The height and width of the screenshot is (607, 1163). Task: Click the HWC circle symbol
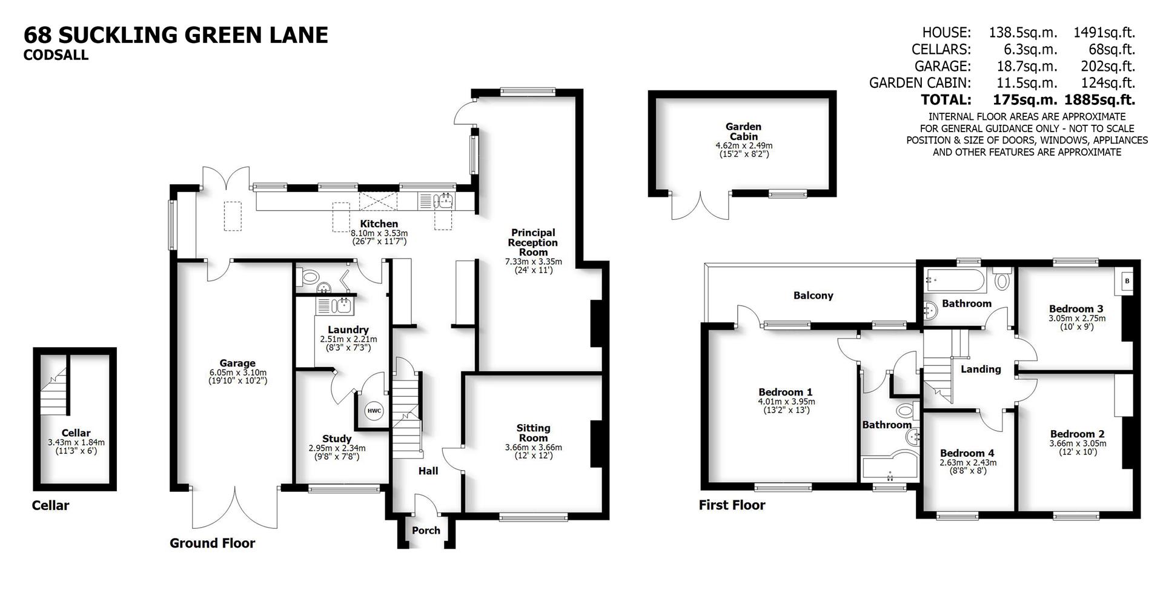374,411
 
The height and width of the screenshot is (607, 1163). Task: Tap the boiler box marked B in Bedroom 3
1127,282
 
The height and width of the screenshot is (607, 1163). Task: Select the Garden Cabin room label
743,131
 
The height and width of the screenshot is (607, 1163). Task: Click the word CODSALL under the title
56,55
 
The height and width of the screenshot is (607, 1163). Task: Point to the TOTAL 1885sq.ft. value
1104,99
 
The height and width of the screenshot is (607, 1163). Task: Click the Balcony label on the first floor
813,296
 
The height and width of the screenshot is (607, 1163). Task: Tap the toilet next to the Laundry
310,278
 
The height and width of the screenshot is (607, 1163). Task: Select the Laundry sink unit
335,306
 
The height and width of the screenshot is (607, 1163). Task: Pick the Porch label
426,531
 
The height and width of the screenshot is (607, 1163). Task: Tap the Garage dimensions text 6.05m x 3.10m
237,373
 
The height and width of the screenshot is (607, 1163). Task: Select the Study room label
337,439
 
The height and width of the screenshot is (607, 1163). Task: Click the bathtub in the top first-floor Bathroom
956,280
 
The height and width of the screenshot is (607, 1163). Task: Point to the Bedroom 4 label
967,453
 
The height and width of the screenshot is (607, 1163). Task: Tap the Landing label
981,369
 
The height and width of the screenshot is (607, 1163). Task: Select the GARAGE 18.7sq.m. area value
1022,66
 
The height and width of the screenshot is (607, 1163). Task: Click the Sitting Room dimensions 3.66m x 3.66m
533,448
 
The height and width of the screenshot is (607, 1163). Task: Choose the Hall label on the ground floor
428,471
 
